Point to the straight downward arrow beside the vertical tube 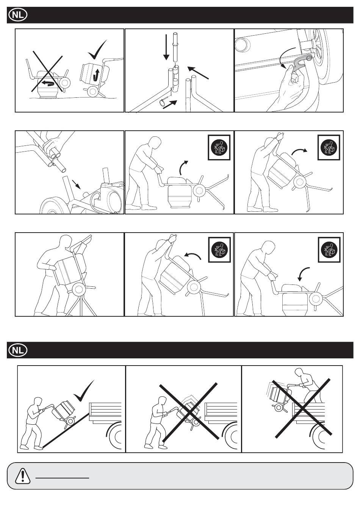166,47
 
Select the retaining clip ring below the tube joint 163,102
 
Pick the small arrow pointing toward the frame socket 77,184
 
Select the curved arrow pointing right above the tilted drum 299,151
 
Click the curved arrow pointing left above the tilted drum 193,256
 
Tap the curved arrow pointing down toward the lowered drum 302,274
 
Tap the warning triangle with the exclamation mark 22,476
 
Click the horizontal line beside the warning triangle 62,478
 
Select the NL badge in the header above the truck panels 18,350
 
